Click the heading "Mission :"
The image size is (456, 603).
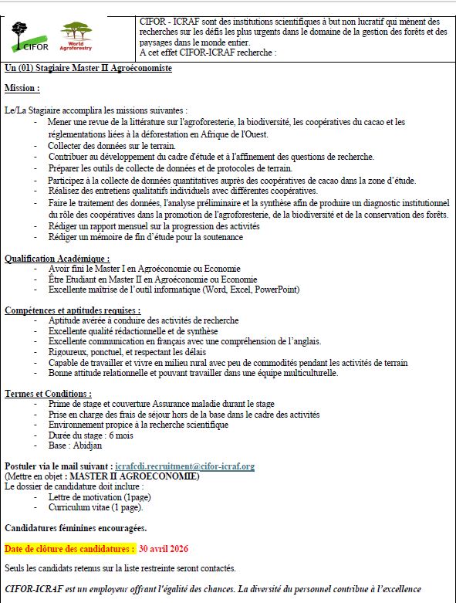22,89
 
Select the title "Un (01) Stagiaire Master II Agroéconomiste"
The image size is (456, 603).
88,69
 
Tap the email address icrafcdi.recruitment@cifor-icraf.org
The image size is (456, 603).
184,466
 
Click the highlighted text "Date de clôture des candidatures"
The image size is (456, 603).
69,549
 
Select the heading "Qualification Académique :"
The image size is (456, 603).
57,259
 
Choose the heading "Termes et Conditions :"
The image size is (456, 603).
48,394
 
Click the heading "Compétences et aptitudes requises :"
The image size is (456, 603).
73,310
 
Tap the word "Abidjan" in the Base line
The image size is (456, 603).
86,445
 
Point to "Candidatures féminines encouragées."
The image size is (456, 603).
76,528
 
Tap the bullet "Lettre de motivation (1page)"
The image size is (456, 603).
100,497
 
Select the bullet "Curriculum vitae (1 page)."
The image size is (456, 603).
95,507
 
